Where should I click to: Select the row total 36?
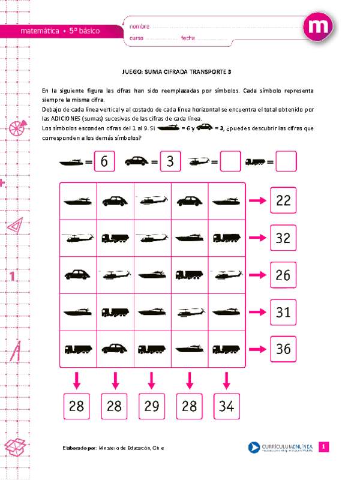283,349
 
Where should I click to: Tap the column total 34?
226,406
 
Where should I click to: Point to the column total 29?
152,406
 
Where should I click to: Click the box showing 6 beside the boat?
104,161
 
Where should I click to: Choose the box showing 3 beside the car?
170,161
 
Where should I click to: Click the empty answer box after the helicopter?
230,161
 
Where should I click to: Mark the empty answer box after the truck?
286,161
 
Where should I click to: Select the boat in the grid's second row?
190,238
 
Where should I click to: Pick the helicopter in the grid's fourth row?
190,312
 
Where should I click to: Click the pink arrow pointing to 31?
257,312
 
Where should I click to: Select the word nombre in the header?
139,26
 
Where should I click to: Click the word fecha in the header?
188,38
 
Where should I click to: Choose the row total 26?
283,275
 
